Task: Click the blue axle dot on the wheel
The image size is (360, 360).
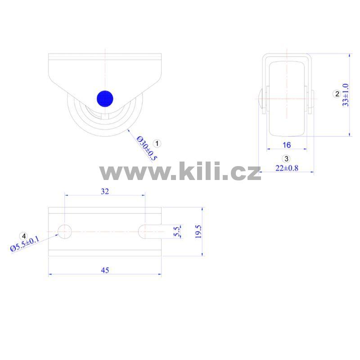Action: [105, 99]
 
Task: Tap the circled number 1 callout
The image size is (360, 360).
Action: [157, 144]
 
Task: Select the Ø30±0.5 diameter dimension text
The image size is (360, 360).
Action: [147, 148]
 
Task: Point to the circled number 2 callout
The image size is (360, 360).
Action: [337, 94]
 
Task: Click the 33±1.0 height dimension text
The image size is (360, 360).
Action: [345, 95]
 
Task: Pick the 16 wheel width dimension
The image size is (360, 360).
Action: [287, 145]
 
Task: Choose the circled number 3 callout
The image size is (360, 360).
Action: [286, 159]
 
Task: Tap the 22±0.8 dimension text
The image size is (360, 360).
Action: [287, 168]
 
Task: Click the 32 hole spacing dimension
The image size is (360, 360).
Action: [105, 191]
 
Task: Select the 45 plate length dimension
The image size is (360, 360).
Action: [105, 270]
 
